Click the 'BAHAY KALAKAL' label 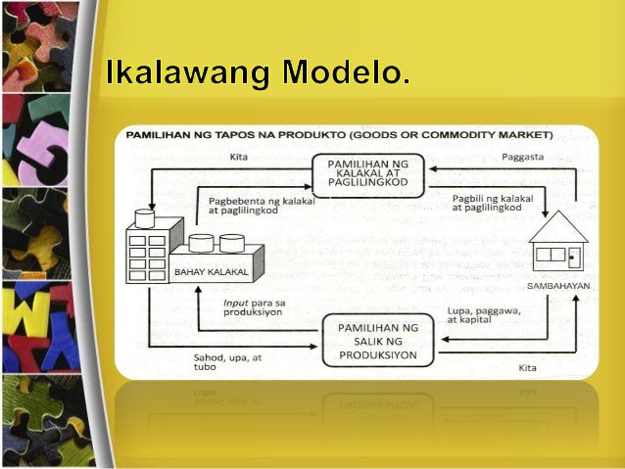202,272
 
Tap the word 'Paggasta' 521,157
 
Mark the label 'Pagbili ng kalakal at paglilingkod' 493,203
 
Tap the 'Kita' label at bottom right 528,367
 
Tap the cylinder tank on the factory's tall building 145,217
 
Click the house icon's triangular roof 557,227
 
